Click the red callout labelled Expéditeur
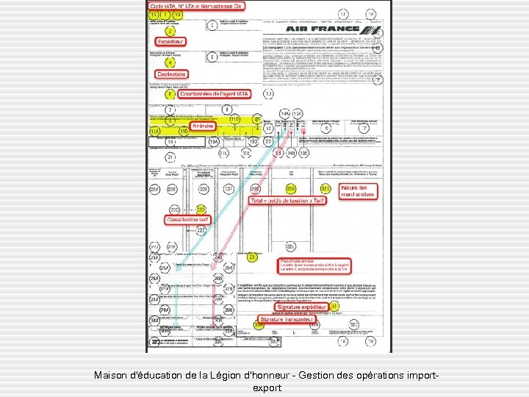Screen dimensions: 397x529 [x=170, y=42]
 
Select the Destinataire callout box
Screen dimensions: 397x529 [x=170, y=74]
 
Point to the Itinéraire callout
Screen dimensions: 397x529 [x=207, y=126]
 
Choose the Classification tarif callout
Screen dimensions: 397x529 [x=188, y=220]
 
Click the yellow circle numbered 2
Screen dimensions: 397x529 [x=170, y=32]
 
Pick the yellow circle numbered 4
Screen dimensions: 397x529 [x=170, y=62]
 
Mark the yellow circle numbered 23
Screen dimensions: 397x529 [x=252, y=257]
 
